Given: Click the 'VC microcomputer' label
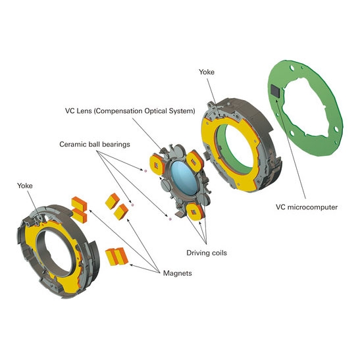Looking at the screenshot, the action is (307, 207).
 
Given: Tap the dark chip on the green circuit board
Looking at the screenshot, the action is (276, 91).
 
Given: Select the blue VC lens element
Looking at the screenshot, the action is (184, 178).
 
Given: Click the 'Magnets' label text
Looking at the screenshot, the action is (177, 273).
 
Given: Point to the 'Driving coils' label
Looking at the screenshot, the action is (207, 253).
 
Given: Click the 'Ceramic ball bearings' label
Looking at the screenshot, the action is (95, 144).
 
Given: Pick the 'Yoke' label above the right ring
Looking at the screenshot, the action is (207, 72).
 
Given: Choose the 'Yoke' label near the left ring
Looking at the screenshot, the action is (25, 186).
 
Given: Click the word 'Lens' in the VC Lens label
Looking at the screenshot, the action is (84, 111).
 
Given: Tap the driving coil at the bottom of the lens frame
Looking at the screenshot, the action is (195, 212).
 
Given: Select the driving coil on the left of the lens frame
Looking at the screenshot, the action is (157, 165).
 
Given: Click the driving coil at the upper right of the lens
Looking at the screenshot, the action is (195, 161).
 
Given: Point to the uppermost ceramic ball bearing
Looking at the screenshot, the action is (145, 171).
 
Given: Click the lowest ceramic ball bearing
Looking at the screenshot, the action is (170, 219).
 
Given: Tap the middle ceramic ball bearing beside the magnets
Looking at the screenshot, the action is (132, 205).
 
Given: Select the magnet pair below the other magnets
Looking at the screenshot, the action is (116, 257).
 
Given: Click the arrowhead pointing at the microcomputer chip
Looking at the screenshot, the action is (278, 100).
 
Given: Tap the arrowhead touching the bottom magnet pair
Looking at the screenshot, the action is (132, 265).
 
